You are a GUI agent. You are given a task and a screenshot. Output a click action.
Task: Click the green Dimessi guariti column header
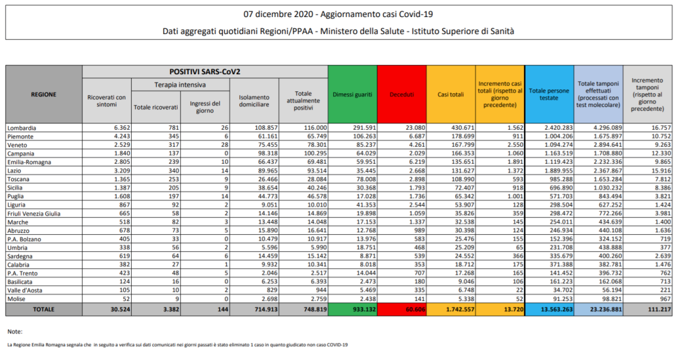click(352, 94)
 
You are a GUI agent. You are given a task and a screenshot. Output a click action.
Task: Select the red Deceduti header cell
click(402, 94)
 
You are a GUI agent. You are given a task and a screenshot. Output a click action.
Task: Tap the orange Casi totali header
click(451, 94)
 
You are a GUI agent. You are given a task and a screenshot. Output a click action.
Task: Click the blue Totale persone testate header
click(549, 94)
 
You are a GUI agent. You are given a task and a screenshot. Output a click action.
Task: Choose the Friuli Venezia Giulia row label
click(34, 214)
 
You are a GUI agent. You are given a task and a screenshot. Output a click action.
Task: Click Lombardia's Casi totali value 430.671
click(460, 128)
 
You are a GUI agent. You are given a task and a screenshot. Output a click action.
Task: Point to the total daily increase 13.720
click(509, 310)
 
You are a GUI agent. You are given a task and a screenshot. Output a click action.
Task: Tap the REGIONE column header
click(43, 94)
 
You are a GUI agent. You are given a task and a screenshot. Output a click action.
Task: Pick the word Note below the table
click(14, 331)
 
